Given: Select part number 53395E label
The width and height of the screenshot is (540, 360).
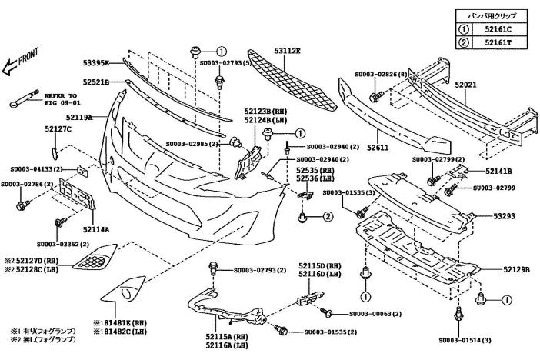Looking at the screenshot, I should click(x=97, y=62).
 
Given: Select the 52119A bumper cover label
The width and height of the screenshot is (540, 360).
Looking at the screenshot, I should click(x=79, y=117).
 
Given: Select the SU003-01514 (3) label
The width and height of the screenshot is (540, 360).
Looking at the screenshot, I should click(x=465, y=338).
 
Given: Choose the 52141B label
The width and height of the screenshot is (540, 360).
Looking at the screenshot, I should click(x=499, y=170).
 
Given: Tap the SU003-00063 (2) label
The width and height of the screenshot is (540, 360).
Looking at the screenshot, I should click(x=375, y=314).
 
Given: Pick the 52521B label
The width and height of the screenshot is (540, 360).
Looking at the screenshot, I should click(x=97, y=81).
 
